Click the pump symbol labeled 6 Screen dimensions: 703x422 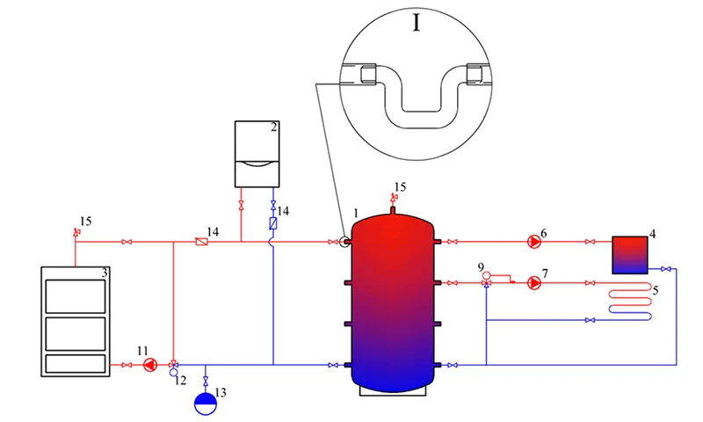[534, 242]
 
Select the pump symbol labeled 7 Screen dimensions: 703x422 [534, 283]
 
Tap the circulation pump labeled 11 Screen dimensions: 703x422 [150, 365]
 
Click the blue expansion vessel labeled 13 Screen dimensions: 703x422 [206, 404]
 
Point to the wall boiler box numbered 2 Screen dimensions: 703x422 [257, 154]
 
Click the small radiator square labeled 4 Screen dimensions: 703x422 [630, 255]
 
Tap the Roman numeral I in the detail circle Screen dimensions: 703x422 [417, 23]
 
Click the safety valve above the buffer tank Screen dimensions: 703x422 [394, 197]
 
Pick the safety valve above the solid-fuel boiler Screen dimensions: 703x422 [76, 232]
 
